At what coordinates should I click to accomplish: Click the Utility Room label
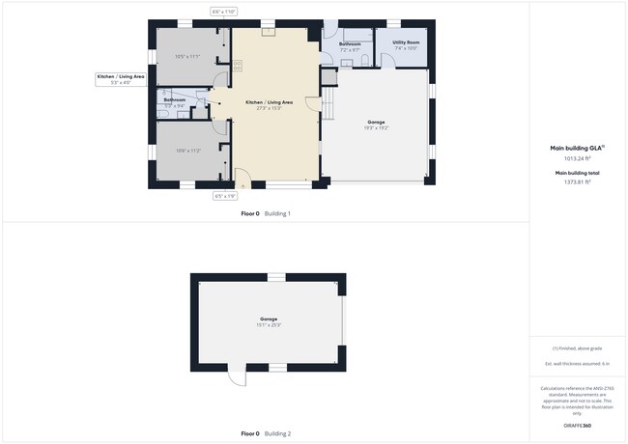[405, 42]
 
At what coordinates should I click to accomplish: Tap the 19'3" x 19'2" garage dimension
[377, 127]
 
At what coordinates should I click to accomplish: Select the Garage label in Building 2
[268, 319]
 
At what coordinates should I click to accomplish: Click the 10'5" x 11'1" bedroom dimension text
[186, 57]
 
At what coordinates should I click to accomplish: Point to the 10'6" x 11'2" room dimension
[186, 151]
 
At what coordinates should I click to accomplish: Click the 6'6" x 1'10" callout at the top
[223, 12]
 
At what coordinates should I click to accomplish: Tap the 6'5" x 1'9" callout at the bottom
[224, 196]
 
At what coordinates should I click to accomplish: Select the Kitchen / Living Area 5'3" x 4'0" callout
[121, 79]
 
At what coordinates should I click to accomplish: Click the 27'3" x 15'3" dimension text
[269, 108]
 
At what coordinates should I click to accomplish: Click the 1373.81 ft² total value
[576, 180]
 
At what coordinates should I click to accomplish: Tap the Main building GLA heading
[577, 148]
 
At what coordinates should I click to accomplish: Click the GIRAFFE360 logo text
[577, 425]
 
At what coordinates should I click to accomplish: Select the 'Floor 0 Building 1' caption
[266, 213]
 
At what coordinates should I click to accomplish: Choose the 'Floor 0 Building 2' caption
[266, 433]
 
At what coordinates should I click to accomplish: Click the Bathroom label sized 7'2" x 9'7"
[351, 43]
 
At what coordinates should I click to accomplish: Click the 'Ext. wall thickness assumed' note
[577, 363]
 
